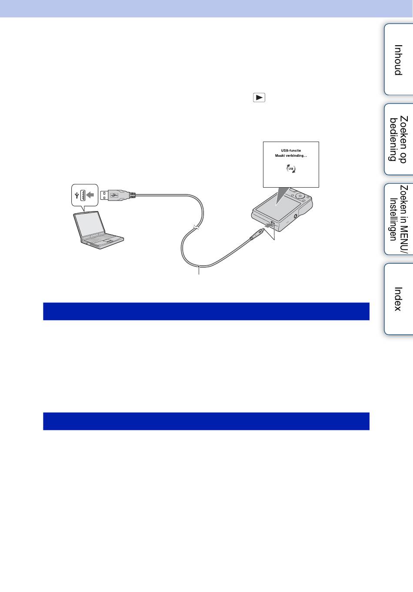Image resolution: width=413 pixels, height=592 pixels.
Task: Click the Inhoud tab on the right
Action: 398,60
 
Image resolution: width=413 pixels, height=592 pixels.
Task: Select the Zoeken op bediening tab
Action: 398,139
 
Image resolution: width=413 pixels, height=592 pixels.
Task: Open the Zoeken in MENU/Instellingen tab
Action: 398,219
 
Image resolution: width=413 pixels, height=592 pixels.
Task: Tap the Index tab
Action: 398,299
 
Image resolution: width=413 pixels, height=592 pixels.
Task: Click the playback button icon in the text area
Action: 259,98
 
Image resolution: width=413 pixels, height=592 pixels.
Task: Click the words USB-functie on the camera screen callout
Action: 290,151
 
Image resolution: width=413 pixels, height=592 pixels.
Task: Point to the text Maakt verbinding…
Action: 290,156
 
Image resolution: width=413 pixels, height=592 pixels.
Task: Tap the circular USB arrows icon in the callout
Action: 290,169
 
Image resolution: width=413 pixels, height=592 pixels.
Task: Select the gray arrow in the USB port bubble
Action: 90,195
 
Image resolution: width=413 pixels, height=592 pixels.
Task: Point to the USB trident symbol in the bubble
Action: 77,195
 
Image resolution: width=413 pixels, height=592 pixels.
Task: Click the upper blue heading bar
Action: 206,311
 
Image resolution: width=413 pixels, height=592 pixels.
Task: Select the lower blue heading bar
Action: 206,421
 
